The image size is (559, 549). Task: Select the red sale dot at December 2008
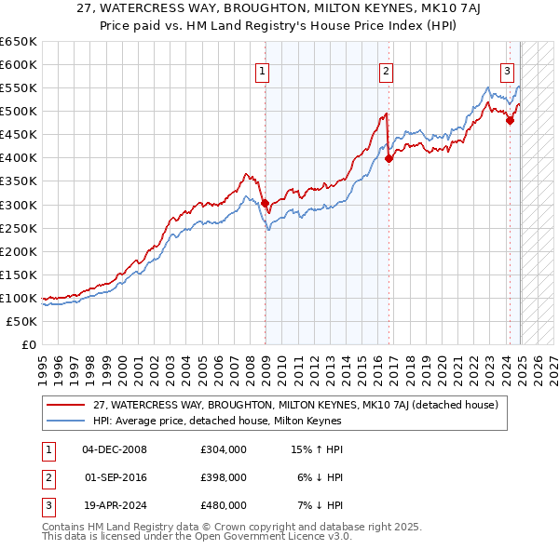point(265,203)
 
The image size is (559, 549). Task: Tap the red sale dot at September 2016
point(389,158)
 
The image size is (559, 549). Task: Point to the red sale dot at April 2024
point(511,120)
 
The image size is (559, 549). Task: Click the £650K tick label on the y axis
point(19,42)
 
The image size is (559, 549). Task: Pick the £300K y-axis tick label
point(19,205)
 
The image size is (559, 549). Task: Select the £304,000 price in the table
point(224,449)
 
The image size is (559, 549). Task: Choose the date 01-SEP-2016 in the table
point(115,477)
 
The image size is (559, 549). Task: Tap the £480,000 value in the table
point(224,505)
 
